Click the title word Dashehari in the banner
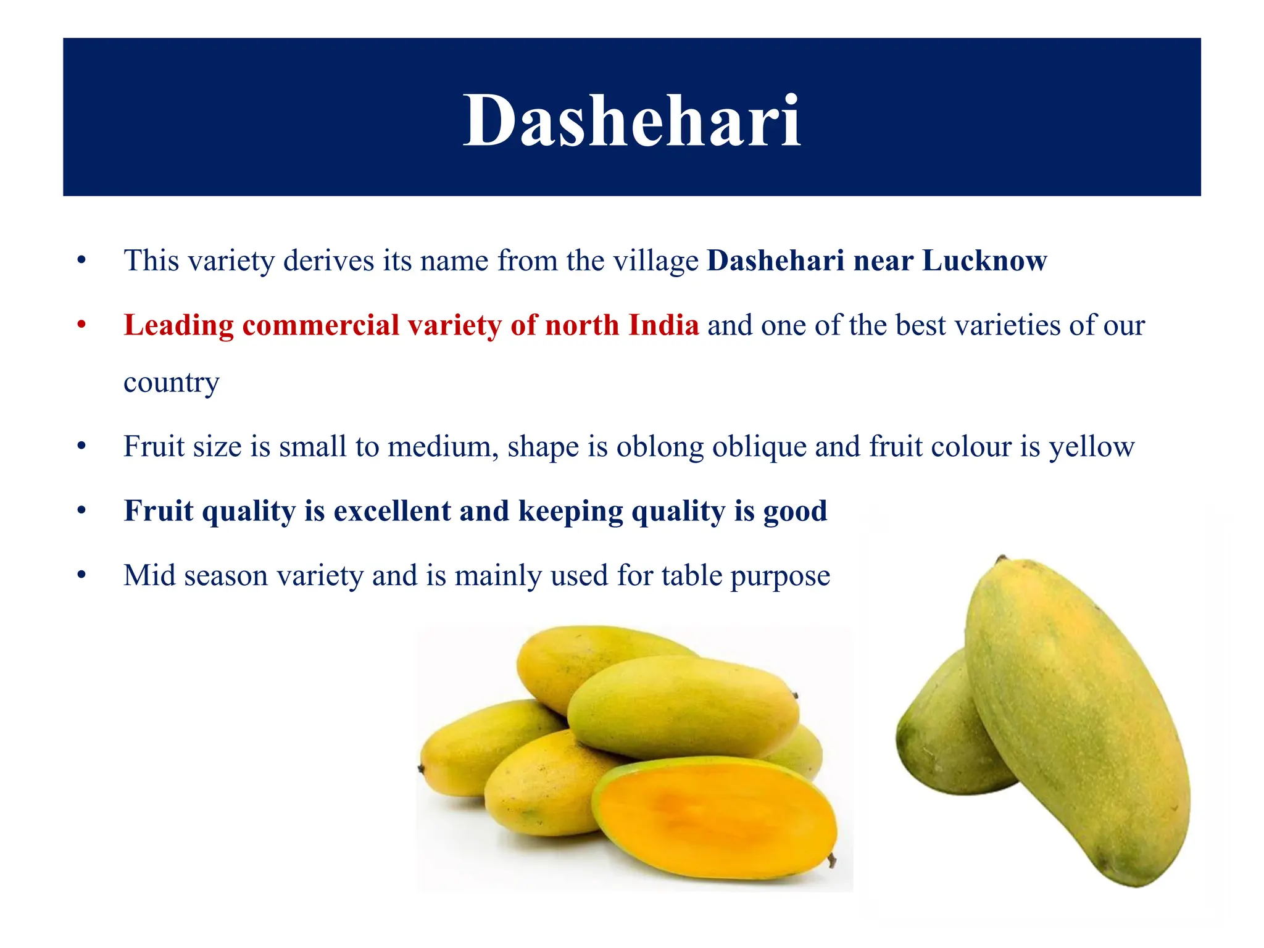coord(631,120)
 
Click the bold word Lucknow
coord(984,260)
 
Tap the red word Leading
coord(179,326)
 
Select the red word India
coord(663,325)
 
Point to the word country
coord(171,383)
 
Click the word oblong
coord(660,447)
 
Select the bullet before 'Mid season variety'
coord(81,575)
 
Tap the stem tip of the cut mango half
coord(832,860)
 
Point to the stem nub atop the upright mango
coord(1001,559)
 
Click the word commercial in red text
coord(321,325)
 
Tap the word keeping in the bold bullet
coord(570,512)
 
